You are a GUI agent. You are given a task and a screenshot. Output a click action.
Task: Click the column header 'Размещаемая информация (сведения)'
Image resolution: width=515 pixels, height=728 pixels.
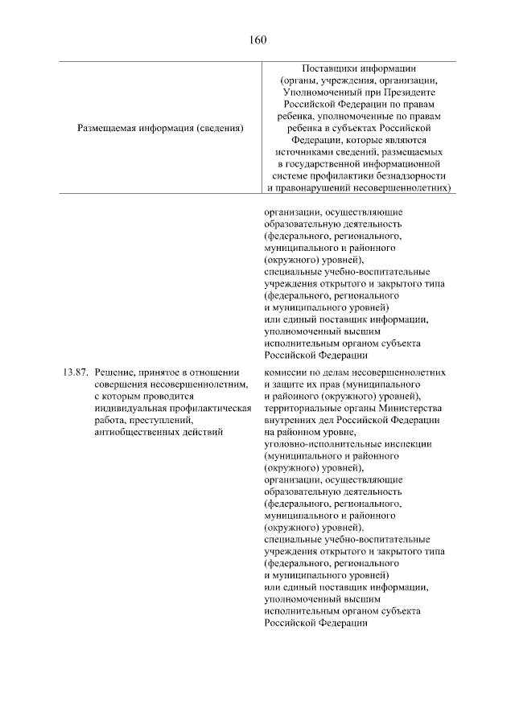(x=160, y=128)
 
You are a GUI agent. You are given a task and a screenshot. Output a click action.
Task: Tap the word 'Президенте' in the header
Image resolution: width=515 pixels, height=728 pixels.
(x=410, y=93)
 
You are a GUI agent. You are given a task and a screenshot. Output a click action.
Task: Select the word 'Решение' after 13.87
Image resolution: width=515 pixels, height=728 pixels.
(x=114, y=373)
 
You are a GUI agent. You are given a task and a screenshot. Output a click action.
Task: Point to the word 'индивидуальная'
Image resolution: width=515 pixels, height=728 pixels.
(x=130, y=409)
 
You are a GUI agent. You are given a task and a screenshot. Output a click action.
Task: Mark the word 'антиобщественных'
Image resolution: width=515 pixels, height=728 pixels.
(x=138, y=432)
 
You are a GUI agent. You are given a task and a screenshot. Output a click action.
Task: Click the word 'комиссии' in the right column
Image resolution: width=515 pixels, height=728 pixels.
(x=286, y=373)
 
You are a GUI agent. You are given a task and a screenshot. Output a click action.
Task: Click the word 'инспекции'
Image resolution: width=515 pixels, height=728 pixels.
(x=410, y=443)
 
